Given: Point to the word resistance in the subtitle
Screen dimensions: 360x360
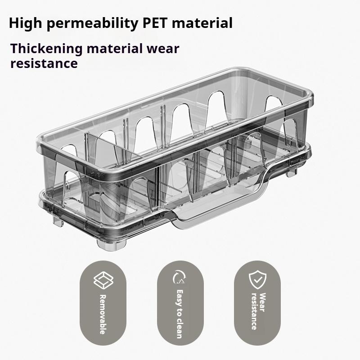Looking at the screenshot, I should point(44,63).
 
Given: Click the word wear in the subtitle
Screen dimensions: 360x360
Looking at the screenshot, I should point(163,49).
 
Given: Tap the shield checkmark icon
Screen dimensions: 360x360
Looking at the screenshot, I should point(257,280).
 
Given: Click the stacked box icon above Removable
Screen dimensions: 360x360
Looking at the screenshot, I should point(102,280).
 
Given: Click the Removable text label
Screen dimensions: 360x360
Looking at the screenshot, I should point(102,314).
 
